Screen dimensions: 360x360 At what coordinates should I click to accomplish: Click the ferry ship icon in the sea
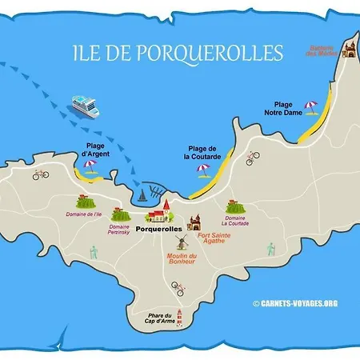point(83,104)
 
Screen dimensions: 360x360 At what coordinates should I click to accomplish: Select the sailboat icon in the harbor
point(142,194)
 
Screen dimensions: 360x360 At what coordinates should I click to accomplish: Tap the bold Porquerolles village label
point(159,229)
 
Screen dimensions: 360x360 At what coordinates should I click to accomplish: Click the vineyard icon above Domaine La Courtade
point(234,205)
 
